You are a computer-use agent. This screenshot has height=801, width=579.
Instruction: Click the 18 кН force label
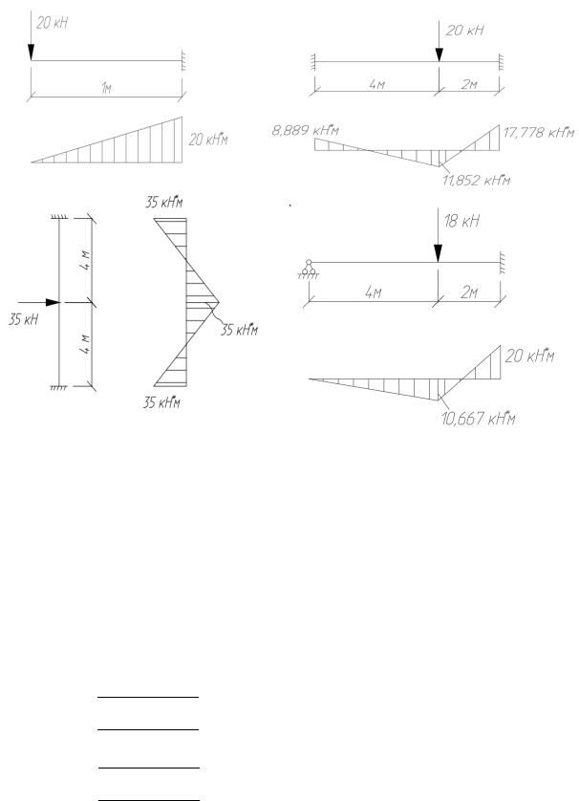click(461, 221)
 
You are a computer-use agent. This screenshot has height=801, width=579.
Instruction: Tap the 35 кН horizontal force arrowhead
click(54, 302)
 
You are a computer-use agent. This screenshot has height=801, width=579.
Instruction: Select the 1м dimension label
click(106, 88)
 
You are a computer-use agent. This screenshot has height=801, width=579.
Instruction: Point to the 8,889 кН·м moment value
click(306, 130)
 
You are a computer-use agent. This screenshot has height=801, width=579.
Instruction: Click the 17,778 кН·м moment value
click(539, 133)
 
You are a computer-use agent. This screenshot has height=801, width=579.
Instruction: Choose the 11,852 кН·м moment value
click(477, 180)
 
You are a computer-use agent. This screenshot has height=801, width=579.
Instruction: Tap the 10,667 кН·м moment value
click(478, 419)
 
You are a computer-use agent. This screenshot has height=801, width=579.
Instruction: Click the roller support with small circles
click(309, 269)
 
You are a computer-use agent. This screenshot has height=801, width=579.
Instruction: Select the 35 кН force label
click(23, 320)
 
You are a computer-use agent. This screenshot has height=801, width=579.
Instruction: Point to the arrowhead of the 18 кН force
click(439, 253)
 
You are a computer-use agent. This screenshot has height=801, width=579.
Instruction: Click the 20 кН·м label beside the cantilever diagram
click(208, 140)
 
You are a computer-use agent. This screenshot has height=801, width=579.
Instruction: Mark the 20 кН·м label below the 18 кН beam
click(529, 356)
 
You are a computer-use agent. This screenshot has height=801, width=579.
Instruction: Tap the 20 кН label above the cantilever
click(53, 23)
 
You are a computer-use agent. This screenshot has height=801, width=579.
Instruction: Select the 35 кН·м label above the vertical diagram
click(164, 203)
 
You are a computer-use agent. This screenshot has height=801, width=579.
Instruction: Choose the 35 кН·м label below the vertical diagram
click(161, 402)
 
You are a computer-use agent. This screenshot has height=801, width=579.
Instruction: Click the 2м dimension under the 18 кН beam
click(469, 292)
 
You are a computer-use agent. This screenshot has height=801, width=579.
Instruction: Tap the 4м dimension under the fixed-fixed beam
click(376, 84)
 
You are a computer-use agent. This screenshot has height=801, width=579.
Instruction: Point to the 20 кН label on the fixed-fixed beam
click(464, 31)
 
